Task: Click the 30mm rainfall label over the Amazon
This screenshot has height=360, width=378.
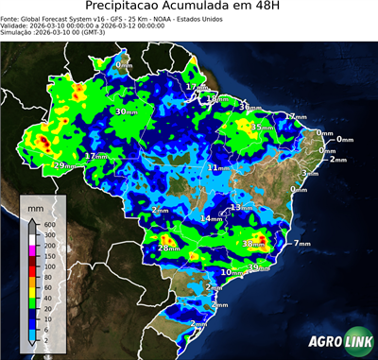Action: click(125, 111)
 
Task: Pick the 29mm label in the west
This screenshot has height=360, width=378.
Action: click(62, 165)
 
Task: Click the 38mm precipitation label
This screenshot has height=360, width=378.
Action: click(252, 244)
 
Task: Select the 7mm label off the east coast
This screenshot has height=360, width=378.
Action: click(301, 244)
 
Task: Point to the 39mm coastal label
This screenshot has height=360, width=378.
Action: click(257, 267)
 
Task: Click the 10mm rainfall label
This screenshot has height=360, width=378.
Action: click(230, 272)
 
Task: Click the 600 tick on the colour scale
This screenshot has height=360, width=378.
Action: click(48, 224)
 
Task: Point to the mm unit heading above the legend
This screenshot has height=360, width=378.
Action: click(35, 206)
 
